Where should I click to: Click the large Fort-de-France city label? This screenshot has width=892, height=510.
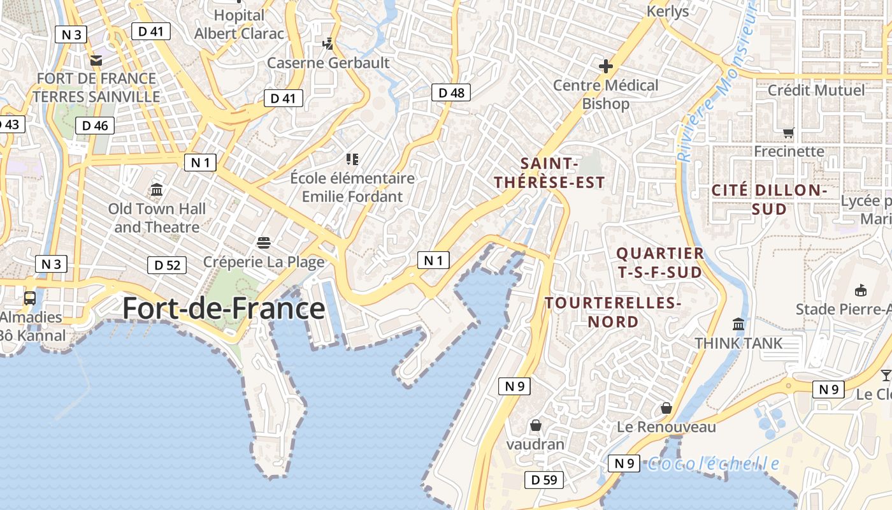(224, 309)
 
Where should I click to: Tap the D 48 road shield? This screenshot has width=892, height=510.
(452, 93)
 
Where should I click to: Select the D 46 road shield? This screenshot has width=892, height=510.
(94, 126)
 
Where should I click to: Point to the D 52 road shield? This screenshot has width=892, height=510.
(168, 265)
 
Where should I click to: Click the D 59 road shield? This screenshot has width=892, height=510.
(544, 480)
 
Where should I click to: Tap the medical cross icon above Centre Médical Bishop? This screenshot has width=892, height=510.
(605, 66)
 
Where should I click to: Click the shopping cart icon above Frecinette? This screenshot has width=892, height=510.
(789, 133)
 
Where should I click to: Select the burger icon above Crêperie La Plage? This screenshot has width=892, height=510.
(264, 242)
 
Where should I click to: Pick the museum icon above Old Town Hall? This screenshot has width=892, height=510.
(157, 190)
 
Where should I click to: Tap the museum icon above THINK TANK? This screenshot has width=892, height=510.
(738, 324)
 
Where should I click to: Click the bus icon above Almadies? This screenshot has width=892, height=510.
(30, 298)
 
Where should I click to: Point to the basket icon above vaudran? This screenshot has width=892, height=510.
(535, 425)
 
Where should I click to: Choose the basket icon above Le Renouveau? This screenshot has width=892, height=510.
(666, 407)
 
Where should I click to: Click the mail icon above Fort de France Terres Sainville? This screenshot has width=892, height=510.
(96, 61)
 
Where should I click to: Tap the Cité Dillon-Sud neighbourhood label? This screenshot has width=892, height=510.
(769, 200)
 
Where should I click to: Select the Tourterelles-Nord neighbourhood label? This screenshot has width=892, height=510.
(614, 312)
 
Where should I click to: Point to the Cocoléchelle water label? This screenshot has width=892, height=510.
(713, 463)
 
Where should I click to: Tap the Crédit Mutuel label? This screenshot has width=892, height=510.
(816, 90)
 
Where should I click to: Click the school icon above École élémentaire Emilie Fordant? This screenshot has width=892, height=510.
(352, 159)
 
